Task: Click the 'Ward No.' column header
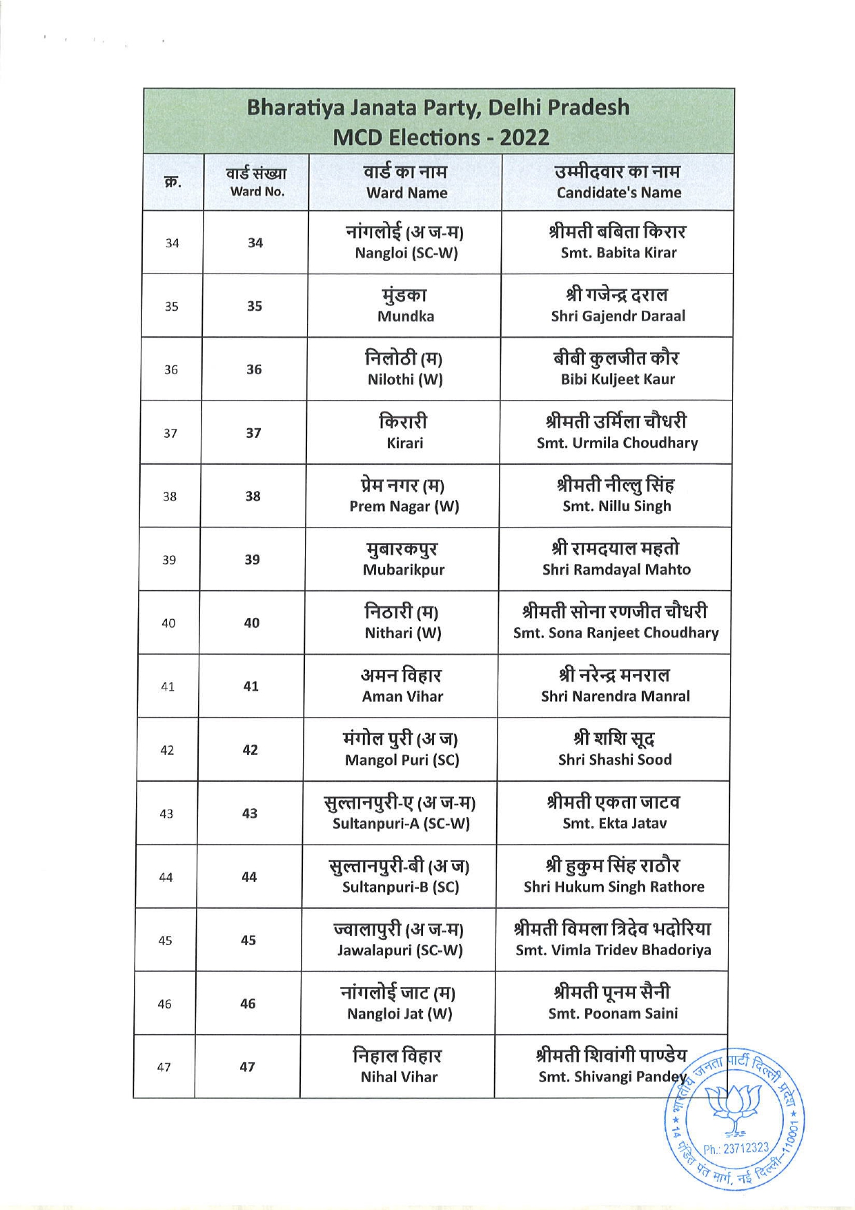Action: (257, 192)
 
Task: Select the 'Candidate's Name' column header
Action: (618, 193)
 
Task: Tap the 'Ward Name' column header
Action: (406, 193)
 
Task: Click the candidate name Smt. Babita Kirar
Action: (618, 253)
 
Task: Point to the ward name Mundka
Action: (406, 316)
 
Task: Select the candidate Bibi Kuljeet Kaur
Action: (618, 379)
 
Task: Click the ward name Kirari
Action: (404, 443)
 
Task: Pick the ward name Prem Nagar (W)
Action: (404, 506)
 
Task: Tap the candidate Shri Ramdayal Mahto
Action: (616, 570)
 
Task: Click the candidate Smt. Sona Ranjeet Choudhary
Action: (616, 633)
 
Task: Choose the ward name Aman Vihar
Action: (402, 696)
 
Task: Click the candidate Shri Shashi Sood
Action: (615, 760)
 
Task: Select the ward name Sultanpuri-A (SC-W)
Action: (401, 823)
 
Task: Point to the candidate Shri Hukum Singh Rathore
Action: (613, 887)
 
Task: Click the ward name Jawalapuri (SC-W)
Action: (400, 950)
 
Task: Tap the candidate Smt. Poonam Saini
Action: (613, 1013)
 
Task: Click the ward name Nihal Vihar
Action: (399, 1077)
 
